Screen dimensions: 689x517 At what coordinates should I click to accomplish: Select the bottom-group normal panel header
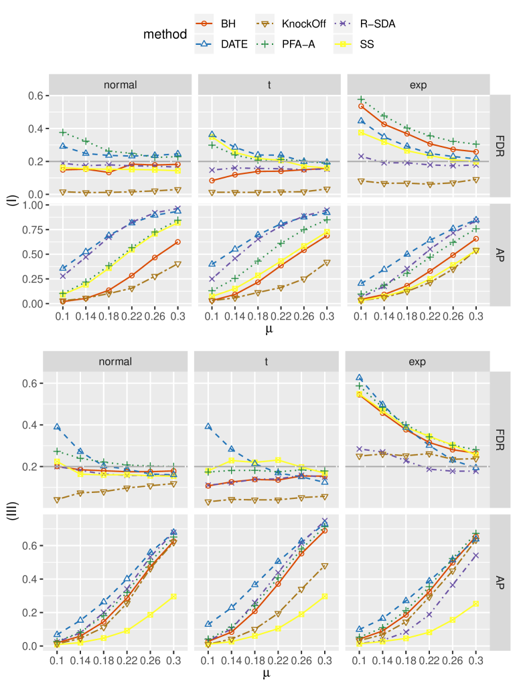pos(116,362)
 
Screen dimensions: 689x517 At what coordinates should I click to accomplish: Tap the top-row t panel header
pos(267,85)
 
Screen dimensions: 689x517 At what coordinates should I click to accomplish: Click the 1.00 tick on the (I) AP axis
pos(32,205)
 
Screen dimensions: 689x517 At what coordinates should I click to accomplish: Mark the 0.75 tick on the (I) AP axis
pos(32,229)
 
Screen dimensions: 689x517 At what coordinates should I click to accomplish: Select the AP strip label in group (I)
pos(502,255)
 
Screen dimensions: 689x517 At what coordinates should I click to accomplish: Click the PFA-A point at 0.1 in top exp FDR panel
pos(361,99)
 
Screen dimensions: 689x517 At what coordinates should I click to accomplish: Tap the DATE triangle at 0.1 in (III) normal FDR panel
pos(58,427)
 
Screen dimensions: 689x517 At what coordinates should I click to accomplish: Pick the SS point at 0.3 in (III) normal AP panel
pos(174,596)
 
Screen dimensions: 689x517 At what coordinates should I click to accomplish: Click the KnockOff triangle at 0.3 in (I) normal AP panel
pos(178,264)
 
